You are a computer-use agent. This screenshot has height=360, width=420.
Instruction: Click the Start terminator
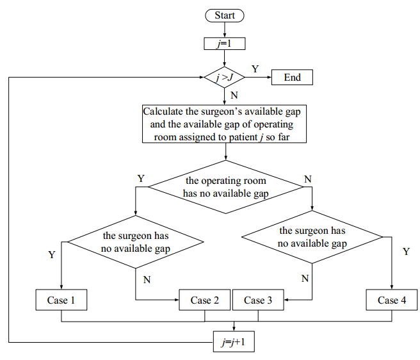[225, 15]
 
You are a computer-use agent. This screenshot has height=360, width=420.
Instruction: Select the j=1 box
[225, 44]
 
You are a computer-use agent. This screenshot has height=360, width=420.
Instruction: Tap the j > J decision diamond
[225, 78]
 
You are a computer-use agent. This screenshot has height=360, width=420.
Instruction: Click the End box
[292, 78]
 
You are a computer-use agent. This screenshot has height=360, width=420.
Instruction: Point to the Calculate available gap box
[225, 124]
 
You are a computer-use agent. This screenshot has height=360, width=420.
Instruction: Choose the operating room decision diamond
[225, 187]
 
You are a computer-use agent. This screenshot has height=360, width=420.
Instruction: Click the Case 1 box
[61, 300]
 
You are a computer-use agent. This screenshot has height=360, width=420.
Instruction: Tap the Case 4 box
[392, 300]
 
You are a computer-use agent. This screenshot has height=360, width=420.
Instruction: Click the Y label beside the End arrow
[255, 68]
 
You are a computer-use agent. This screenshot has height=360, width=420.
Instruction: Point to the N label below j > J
[234, 95]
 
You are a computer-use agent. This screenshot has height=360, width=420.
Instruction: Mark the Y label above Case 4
[405, 252]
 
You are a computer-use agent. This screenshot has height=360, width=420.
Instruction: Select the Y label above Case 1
[52, 255]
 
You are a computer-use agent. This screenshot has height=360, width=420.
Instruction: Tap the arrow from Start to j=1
[225, 29]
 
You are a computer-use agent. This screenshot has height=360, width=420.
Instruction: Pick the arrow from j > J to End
[259, 78]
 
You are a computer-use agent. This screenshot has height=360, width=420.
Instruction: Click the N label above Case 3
[305, 278]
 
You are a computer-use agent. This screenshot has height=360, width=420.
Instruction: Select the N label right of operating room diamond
[308, 178]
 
